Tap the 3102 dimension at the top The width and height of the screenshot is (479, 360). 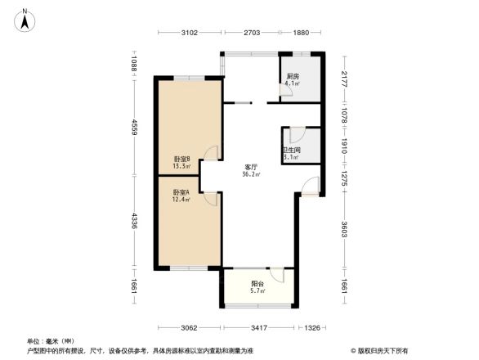tap(189, 34)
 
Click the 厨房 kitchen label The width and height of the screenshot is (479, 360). tap(292, 76)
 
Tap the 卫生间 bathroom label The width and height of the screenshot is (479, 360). tap(291, 150)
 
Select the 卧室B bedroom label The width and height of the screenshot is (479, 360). tap(181, 159)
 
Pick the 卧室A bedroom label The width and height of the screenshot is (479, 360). tap(181, 192)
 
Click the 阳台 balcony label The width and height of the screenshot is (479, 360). tap(257, 284)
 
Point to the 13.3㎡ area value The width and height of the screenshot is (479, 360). tap(181, 166)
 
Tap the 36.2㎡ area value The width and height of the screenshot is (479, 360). tap(251, 173)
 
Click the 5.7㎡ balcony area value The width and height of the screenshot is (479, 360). tap(257, 291)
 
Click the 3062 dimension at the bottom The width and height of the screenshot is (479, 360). tap(190, 327)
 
